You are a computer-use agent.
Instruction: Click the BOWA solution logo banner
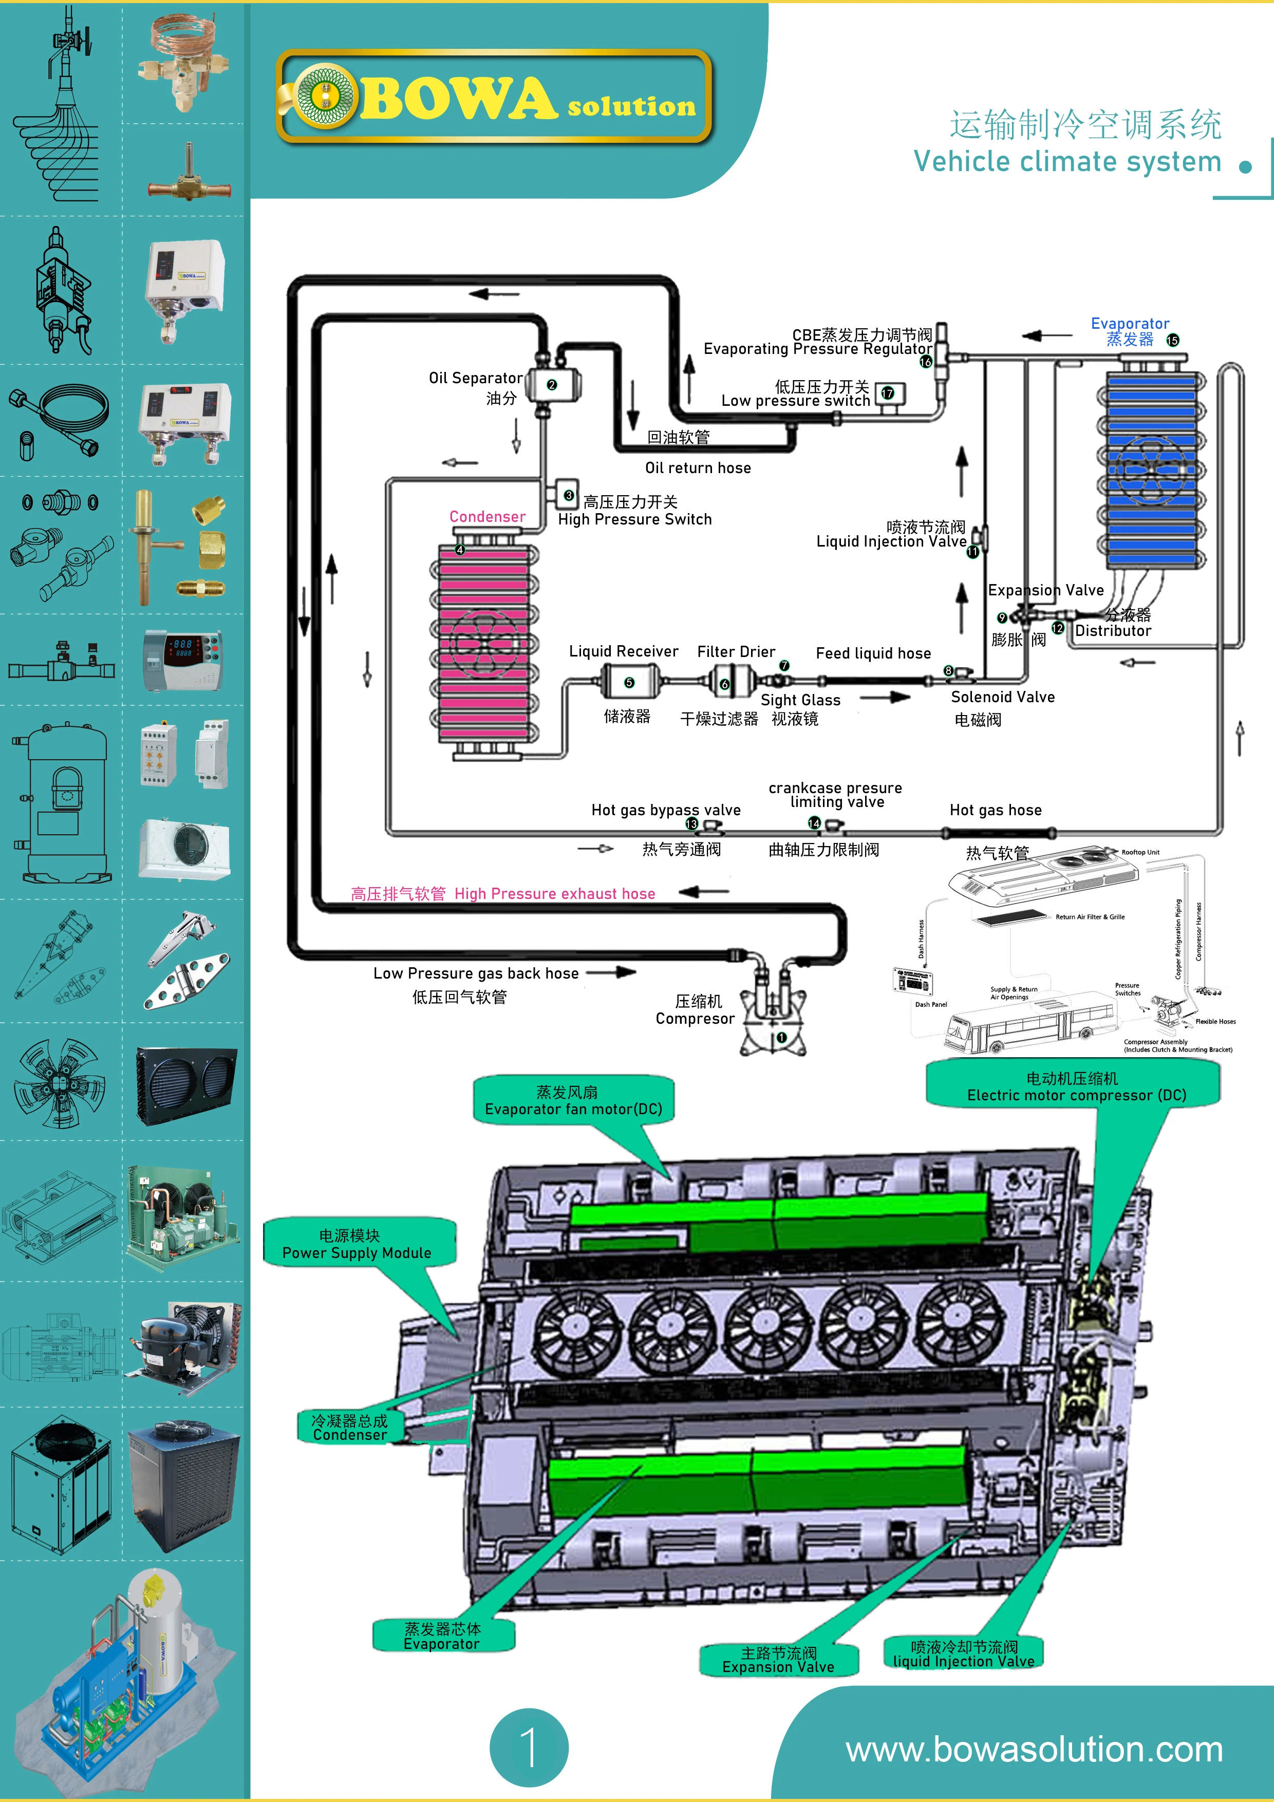(495, 97)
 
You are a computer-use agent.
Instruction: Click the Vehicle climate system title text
(1067, 162)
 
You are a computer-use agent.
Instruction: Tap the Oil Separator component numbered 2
(553, 385)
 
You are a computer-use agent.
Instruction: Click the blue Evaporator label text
(1130, 323)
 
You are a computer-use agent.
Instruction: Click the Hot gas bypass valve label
(666, 810)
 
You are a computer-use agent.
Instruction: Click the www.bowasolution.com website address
(1034, 1750)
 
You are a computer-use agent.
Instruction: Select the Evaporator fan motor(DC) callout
(573, 1100)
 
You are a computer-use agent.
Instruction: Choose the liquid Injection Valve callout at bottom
(963, 1653)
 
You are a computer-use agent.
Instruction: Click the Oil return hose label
(698, 468)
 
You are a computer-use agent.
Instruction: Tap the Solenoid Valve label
(1002, 697)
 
